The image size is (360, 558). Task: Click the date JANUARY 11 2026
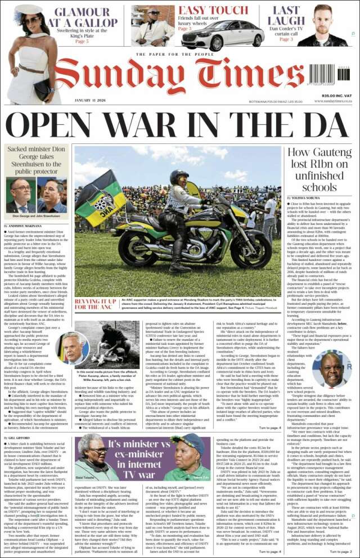pyautogui.click(x=91, y=100)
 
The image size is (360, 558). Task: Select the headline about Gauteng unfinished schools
pyautogui.click(x=319, y=169)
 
